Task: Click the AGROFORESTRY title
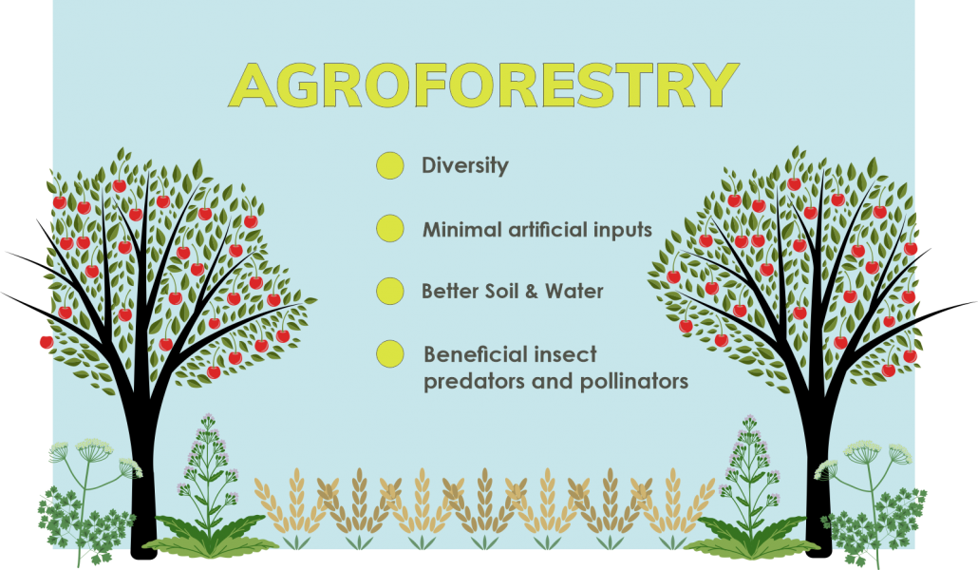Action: point(484,85)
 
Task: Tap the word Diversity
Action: point(465,166)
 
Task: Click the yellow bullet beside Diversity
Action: point(390,165)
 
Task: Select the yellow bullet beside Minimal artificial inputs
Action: point(390,229)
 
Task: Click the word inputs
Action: point(623,230)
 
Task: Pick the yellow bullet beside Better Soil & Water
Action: point(390,291)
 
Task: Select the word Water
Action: point(574,292)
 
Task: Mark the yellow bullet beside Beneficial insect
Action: point(390,353)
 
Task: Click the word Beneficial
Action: point(477,354)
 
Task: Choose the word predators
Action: point(475,382)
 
